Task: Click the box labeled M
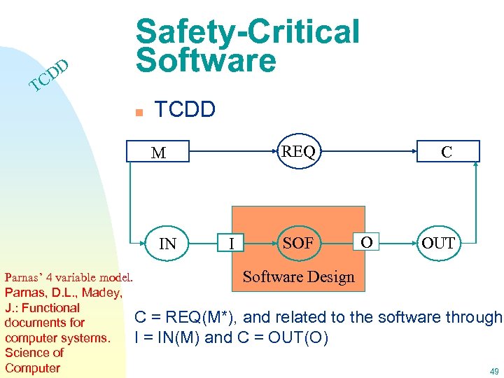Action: pos(159,152)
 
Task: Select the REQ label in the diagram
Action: pos(298,151)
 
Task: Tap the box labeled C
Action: pos(446,151)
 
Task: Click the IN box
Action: pos(168,244)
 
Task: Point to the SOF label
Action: pos(297,243)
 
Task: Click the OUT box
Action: pos(438,244)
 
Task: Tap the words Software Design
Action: pos(298,276)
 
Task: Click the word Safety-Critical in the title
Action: pos(248,31)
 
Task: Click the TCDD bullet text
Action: pos(185,109)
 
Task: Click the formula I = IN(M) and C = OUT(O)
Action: pos(231,338)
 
